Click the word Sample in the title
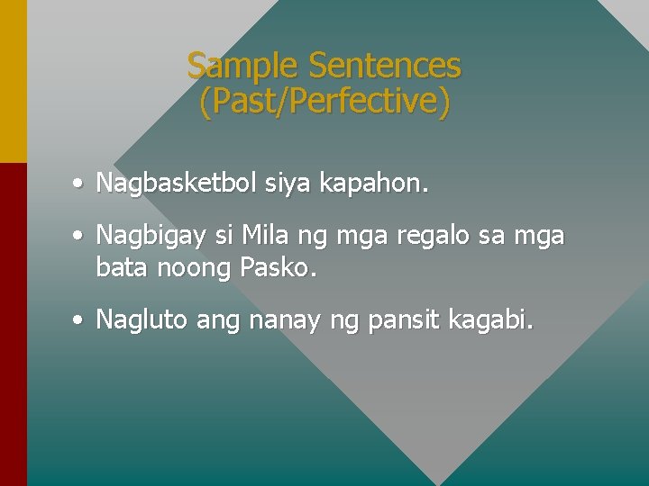click(243, 66)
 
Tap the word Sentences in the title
click(384, 66)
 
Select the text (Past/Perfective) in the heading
click(324, 101)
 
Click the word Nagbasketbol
click(178, 184)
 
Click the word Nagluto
click(141, 319)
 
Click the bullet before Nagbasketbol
click(79, 184)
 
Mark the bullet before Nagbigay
click(79, 237)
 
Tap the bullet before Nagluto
click(79, 319)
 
